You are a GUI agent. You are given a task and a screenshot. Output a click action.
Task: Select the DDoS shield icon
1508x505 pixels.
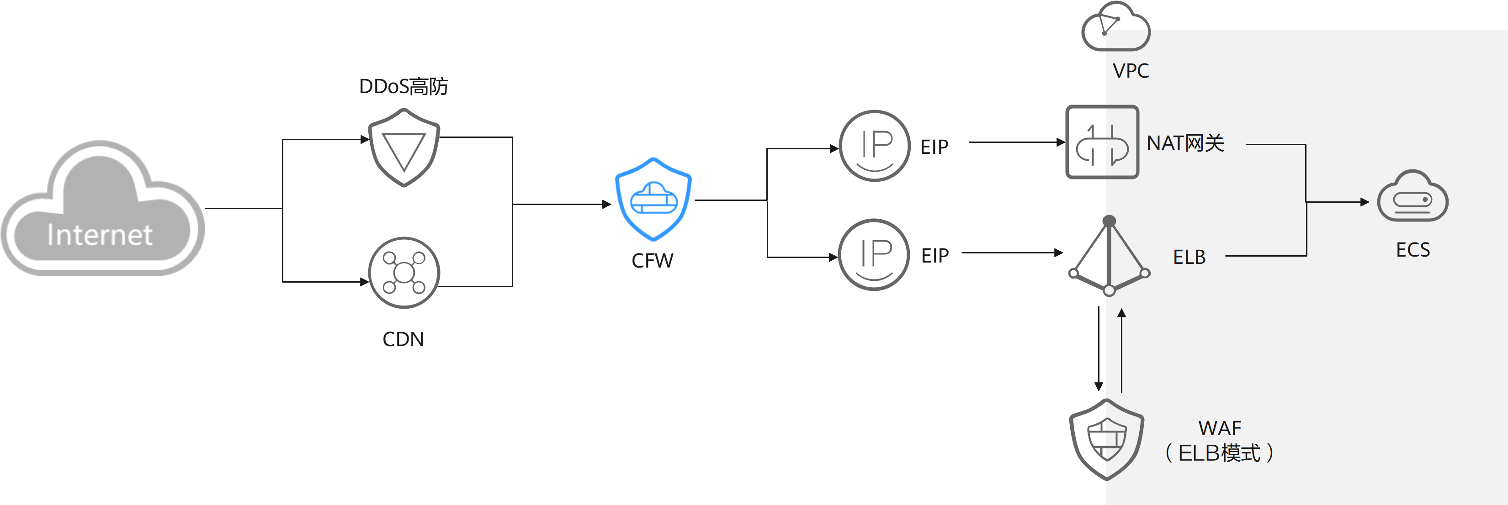click(404, 147)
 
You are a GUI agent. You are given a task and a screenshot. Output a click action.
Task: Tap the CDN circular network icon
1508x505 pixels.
click(404, 273)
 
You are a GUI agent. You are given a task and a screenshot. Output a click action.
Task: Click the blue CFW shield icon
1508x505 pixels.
click(653, 199)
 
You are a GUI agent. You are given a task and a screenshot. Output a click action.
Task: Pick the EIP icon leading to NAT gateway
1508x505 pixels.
click(875, 146)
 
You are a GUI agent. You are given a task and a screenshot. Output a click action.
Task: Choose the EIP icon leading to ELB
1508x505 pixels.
click(874, 254)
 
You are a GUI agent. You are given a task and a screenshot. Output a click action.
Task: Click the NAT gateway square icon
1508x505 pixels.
click(1102, 142)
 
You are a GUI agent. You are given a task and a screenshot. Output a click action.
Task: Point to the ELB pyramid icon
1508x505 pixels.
click(1109, 258)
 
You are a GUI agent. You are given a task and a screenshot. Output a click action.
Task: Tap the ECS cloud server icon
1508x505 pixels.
click(1412, 197)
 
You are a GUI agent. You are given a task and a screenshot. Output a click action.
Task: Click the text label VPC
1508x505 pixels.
click(1131, 71)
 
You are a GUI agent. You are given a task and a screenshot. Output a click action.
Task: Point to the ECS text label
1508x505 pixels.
click(1412, 250)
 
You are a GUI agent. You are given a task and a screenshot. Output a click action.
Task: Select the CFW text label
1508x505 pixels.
click(653, 260)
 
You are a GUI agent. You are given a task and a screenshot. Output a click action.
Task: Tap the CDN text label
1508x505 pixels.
click(404, 339)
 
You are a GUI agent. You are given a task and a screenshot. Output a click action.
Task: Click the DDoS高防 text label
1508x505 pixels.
click(404, 87)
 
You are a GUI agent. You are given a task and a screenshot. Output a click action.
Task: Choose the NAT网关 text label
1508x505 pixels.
click(1185, 143)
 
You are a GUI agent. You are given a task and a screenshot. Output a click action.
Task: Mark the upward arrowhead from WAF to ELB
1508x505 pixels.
click(1122, 314)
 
